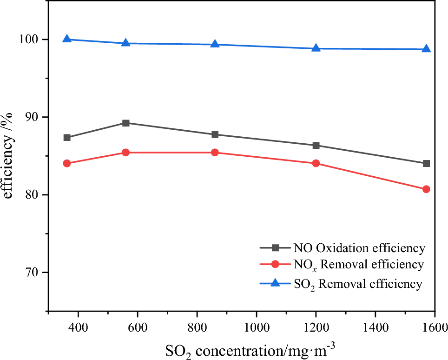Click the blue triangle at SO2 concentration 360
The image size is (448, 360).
pyautogui.click(x=67, y=39)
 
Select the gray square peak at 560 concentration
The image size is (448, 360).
pyautogui.click(x=126, y=123)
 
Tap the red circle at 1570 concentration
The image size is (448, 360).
pyautogui.click(x=426, y=189)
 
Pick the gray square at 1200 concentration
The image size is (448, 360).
pyautogui.click(x=316, y=146)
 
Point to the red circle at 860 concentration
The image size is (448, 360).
pyautogui.click(x=215, y=153)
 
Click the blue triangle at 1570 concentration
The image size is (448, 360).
pyautogui.click(x=426, y=49)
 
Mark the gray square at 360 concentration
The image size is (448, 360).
pyautogui.click(x=67, y=138)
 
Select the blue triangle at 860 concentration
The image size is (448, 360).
pyautogui.click(x=215, y=44)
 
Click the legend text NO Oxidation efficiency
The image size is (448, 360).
pyautogui.click(x=359, y=248)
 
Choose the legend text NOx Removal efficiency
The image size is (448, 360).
pyautogui.click(x=358, y=265)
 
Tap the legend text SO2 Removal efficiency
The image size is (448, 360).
pyautogui.click(x=358, y=284)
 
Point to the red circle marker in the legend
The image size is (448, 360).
pyautogui.click(x=275, y=265)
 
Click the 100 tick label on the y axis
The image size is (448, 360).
pyautogui.click(x=29, y=40)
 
